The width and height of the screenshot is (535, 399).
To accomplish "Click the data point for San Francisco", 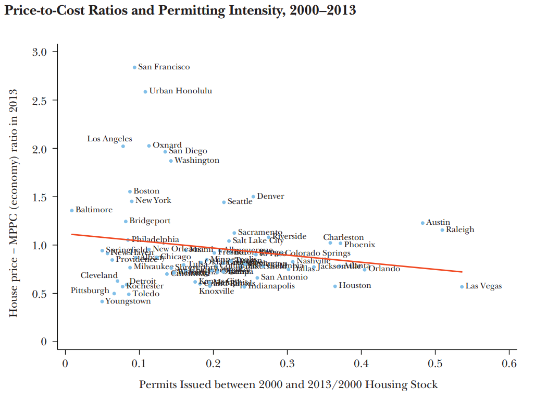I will tap(134, 67).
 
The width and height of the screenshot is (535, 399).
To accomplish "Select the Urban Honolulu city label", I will tap(180, 91).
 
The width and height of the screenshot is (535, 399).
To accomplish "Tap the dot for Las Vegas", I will tap(462, 286).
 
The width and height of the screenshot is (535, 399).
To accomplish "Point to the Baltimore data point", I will tap(72, 210).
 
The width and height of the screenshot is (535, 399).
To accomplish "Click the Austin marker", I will tap(422, 223).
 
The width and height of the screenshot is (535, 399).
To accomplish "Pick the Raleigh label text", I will tap(460, 229).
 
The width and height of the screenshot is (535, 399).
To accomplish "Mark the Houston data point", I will tap(335, 286).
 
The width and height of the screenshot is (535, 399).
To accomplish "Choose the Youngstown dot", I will tap(102, 301).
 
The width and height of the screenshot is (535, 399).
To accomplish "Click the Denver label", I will tap(270, 196).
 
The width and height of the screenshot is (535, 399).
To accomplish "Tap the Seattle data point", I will tap(224, 202).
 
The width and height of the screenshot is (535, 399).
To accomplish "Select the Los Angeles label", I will tap(109, 139).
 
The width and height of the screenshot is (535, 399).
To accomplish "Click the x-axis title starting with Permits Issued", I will tap(288, 385).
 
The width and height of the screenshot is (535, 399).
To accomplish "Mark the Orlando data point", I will tap(365, 269).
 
